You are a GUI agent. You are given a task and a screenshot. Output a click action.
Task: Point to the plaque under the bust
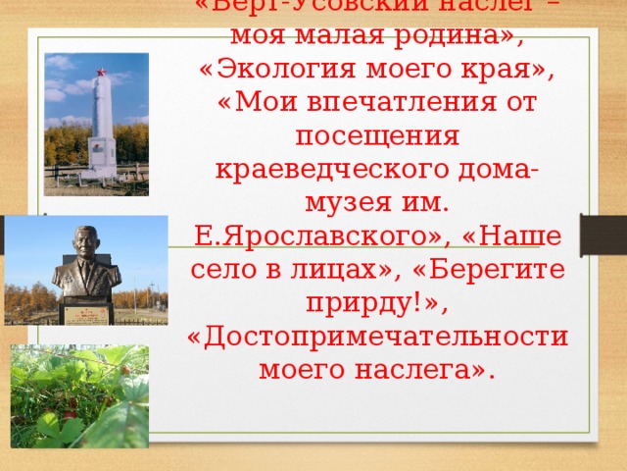87,312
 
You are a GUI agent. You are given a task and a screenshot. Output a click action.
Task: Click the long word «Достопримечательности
378,338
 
